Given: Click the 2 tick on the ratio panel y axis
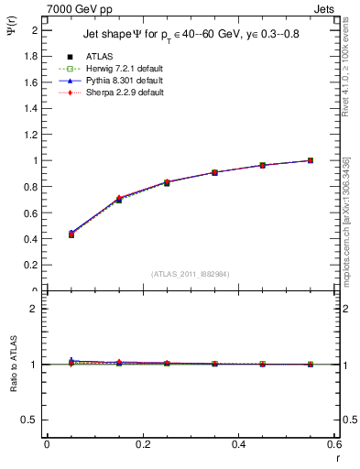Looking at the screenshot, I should (x=37, y=309).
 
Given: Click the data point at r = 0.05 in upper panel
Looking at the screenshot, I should (x=71, y=234).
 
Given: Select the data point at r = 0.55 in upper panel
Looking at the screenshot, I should (x=311, y=160).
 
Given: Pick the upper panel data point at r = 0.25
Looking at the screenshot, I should (x=167, y=182).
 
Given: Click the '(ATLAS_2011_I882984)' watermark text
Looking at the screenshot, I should (x=191, y=274).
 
